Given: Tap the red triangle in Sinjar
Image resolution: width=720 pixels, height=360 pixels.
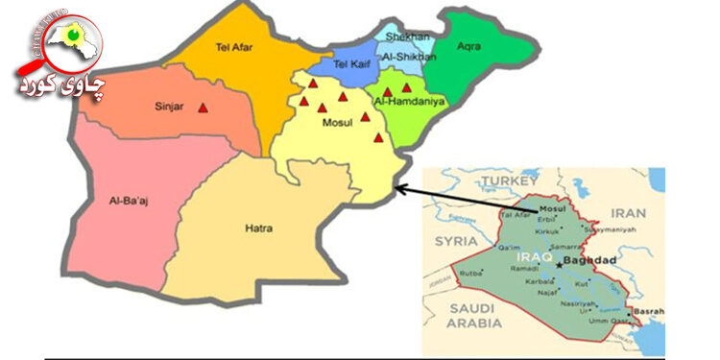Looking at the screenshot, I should pos(202,108).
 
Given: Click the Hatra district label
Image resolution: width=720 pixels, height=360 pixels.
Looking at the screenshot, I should pos(258,228).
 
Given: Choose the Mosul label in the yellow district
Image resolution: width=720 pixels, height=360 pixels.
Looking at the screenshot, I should pos(336,125).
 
